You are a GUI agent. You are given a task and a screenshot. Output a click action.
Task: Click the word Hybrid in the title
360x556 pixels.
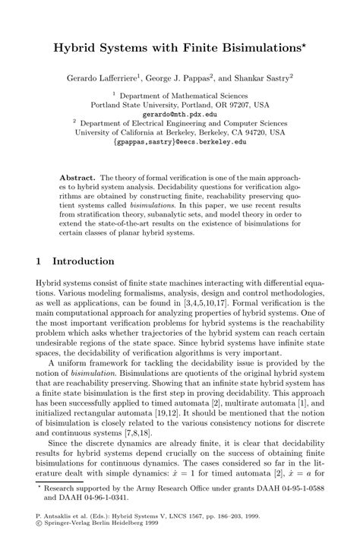(x=74, y=48)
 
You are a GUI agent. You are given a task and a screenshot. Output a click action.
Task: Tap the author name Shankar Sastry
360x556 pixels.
(x=267, y=77)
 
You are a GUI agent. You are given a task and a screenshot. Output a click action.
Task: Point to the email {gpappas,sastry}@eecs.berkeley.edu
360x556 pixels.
(x=180, y=141)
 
